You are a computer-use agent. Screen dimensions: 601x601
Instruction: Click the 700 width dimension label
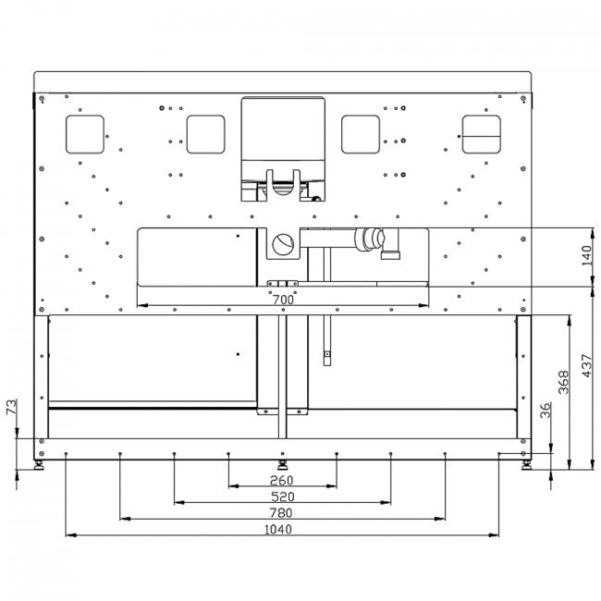click(x=283, y=300)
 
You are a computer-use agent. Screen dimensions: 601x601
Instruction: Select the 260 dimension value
click(x=282, y=480)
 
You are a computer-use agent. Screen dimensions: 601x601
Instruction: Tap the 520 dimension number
click(x=282, y=497)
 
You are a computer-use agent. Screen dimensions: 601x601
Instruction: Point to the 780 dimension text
click(x=281, y=513)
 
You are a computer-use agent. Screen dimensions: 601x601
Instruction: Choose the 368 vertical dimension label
click(x=563, y=382)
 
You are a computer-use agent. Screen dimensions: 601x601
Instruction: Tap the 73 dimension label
click(x=11, y=407)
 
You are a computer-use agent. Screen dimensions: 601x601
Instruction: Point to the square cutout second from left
click(x=205, y=133)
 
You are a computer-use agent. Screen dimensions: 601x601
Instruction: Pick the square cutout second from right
click(x=361, y=133)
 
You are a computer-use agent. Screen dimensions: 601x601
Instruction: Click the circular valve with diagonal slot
click(x=283, y=245)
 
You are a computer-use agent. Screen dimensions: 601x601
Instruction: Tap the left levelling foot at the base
click(x=40, y=461)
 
